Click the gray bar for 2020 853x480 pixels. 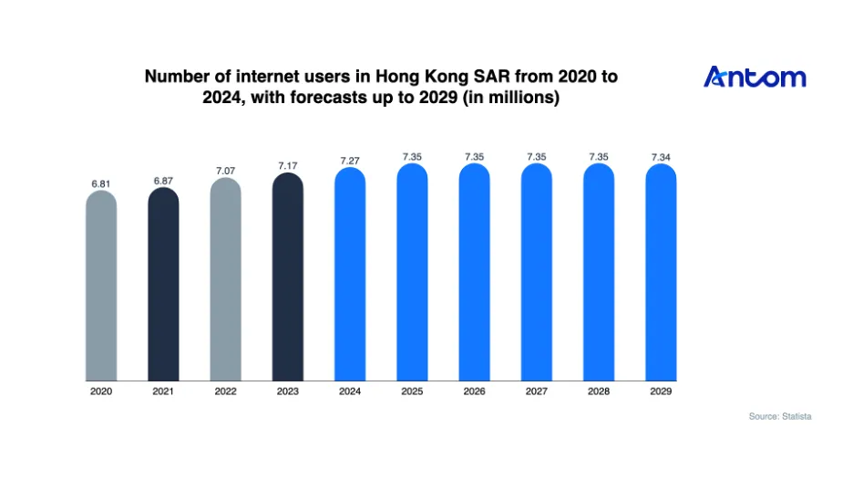click(101, 286)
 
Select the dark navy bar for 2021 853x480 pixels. click(163, 284)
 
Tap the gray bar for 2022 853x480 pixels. click(226, 279)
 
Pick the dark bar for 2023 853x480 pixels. click(288, 277)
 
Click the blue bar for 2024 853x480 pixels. click(350, 274)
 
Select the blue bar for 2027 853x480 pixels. click(537, 272)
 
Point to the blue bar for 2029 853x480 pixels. click(661, 273)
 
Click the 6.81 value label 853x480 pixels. click(101, 184)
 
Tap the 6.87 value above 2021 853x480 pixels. click(163, 181)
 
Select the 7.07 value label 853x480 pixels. click(226, 171)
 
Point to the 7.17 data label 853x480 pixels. click(288, 166)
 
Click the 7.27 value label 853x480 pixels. click(350, 161)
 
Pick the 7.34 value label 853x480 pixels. click(661, 158)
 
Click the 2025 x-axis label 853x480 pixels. click(412, 391)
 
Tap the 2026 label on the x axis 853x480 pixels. click(475, 391)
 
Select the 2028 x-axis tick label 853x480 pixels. click(599, 391)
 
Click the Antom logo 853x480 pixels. click(755, 77)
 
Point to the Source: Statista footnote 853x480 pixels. click(780, 416)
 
